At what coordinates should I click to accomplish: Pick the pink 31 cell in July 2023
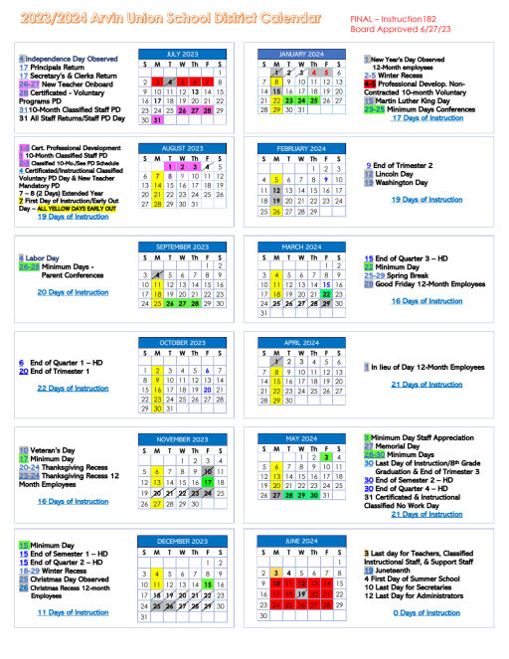click(x=157, y=120)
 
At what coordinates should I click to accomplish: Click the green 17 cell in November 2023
click(x=208, y=481)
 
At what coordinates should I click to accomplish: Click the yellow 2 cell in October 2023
click(x=157, y=369)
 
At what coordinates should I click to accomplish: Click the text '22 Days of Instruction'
click(x=72, y=388)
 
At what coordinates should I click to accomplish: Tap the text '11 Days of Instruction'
click(x=73, y=612)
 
